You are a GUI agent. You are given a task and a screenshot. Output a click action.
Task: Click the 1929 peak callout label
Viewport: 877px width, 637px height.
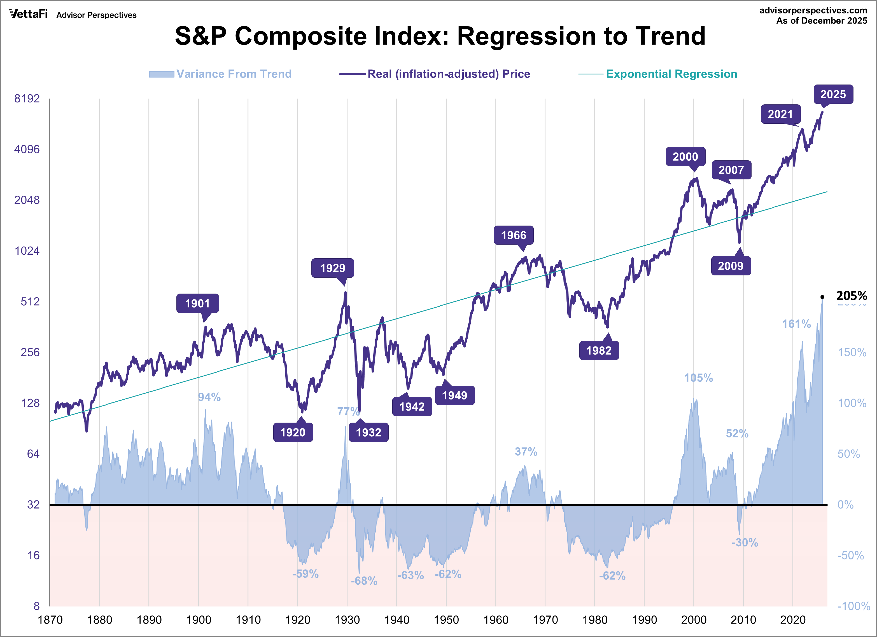[333, 268]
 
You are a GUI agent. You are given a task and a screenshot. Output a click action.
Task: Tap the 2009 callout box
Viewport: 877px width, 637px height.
[731, 266]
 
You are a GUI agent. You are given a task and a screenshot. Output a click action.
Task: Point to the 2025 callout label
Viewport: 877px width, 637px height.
[833, 94]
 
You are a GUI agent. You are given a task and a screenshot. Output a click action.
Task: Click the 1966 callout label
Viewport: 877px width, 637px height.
[514, 235]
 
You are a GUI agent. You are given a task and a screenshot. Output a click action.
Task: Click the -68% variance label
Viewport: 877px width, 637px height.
[364, 580]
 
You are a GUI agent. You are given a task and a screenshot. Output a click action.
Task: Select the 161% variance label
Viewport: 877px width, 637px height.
[796, 324]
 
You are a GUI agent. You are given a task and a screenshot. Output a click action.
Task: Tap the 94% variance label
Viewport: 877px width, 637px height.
[209, 397]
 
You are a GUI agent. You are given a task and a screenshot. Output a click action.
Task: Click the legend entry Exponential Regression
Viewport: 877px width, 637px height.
[671, 74]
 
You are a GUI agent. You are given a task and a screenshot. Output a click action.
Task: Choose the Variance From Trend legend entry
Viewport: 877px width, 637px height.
[234, 74]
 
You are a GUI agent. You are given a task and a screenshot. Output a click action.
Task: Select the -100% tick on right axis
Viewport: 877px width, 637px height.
[853, 606]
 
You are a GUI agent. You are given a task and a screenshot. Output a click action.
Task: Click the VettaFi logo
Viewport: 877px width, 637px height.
[28, 14]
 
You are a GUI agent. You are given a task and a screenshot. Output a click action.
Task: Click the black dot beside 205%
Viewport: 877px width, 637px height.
[822, 297]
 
